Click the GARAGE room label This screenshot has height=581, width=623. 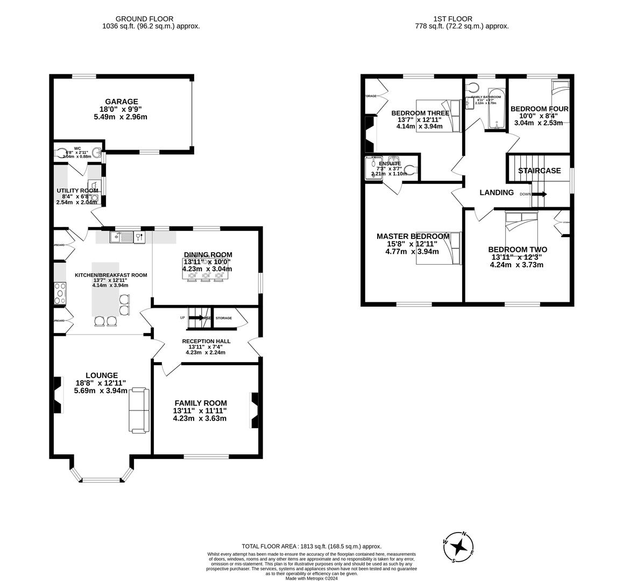click(x=122, y=102)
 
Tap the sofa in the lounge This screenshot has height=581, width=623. click(x=138, y=409)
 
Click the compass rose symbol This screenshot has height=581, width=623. click(x=458, y=547)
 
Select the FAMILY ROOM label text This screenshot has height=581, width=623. click(x=200, y=403)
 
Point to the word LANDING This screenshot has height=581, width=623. click(x=496, y=193)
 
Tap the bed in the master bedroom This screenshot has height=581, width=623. click(x=439, y=248)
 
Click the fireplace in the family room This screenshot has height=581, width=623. click(x=254, y=410)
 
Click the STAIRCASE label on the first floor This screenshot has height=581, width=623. click(x=539, y=171)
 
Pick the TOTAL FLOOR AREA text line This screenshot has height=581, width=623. click(x=311, y=545)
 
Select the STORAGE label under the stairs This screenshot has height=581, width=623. click(x=224, y=318)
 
